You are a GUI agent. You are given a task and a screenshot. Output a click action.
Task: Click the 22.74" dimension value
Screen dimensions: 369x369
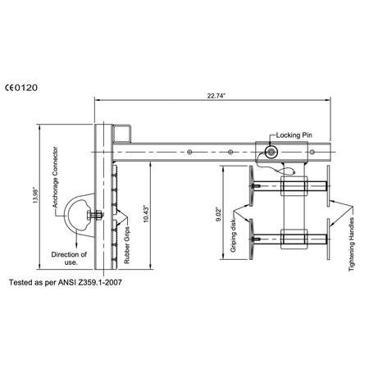[x=216, y=96]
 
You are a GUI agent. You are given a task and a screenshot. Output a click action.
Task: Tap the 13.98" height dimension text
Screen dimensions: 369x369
[x=35, y=195]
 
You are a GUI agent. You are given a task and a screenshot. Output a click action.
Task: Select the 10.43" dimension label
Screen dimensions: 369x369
[x=146, y=214]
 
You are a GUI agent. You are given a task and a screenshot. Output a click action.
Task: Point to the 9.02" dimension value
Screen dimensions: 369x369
[x=219, y=214]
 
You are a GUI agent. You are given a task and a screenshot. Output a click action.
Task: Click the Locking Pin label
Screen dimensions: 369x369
[x=294, y=135]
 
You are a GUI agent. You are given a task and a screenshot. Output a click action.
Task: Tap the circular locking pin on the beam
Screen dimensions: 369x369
[x=271, y=153]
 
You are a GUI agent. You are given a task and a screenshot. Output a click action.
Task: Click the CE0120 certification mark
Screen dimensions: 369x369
[x=21, y=88]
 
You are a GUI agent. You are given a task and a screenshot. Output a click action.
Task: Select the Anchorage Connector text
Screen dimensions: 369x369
[x=55, y=177]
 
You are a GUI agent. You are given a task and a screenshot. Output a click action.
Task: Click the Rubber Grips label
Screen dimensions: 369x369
[x=127, y=245]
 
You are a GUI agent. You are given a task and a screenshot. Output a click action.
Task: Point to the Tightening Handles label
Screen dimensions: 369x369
[x=352, y=244]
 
